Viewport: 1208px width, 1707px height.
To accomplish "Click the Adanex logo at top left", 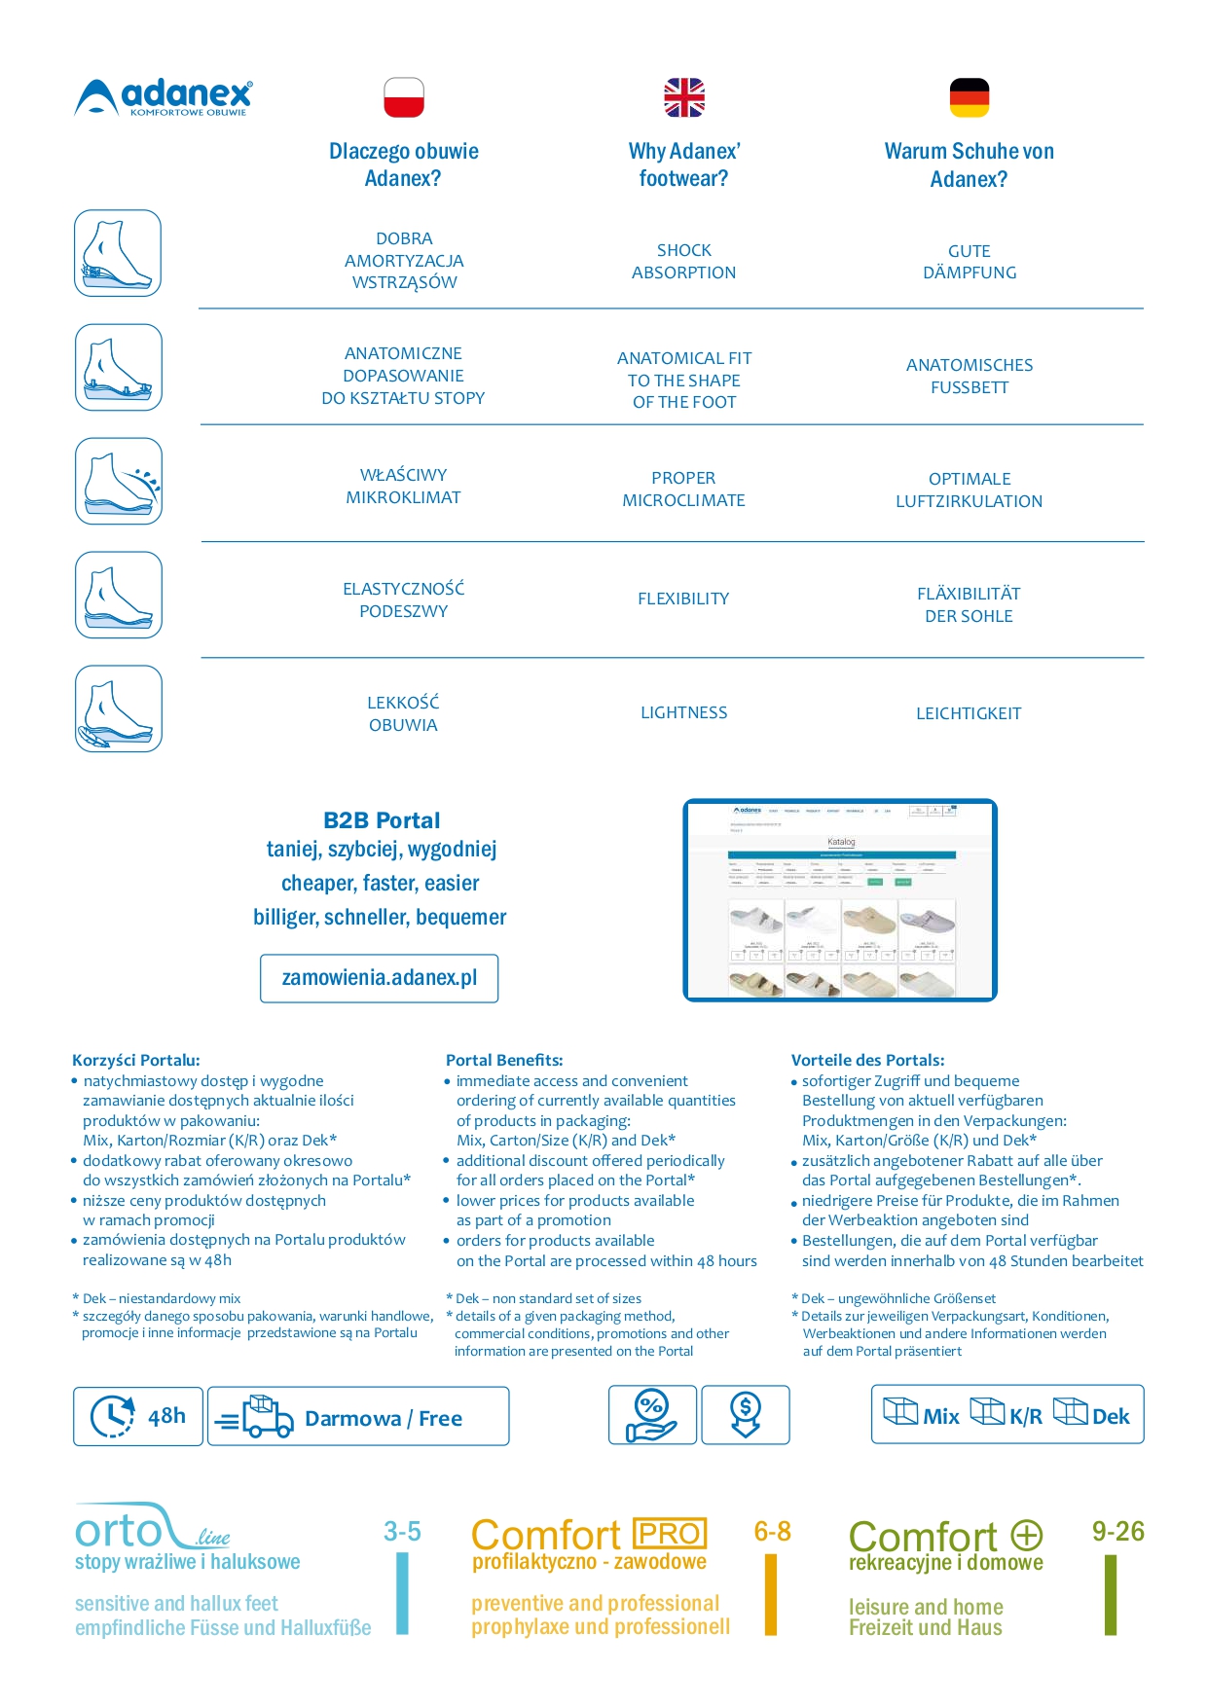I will pyautogui.click(x=164, y=97).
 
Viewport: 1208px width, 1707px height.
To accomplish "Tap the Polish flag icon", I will pyautogui.click(x=404, y=97).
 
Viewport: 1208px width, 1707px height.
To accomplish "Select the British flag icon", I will pyautogui.click(x=684, y=97).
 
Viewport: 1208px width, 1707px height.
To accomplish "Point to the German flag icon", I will pyautogui.click(x=969, y=97).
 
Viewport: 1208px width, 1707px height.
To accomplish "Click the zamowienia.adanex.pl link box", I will pyautogui.click(x=379, y=978).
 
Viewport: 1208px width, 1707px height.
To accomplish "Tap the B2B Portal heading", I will pyautogui.click(x=382, y=820).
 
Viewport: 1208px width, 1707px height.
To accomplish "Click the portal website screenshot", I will pyautogui.click(x=840, y=900).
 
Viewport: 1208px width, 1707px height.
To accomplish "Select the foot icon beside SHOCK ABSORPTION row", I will pyautogui.click(x=118, y=253).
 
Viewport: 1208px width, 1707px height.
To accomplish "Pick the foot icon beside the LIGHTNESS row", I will pyautogui.click(x=118, y=708).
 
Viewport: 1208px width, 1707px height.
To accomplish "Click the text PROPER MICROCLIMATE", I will pyautogui.click(x=683, y=490).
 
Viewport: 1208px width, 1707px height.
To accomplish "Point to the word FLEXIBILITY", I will pyautogui.click(x=683, y=599).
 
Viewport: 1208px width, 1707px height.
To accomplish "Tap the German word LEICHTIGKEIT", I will pyautogui.click(x=969, y=713).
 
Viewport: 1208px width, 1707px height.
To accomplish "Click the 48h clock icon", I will pyautogui.click(x=113, y=1416).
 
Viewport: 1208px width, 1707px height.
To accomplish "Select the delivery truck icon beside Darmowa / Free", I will pyautogui.click(x=256, y=1417).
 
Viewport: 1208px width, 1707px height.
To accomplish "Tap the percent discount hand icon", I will pyautogui.click(x=651, y=1415).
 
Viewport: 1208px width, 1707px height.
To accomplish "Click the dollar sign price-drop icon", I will pyautogui.click(x=745, y=1415).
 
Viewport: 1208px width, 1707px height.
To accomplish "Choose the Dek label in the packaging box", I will pyautogui.click(x=1110, y=1416).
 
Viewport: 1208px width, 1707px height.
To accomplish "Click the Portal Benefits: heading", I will pyautogui.click(x=504, y=1060).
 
